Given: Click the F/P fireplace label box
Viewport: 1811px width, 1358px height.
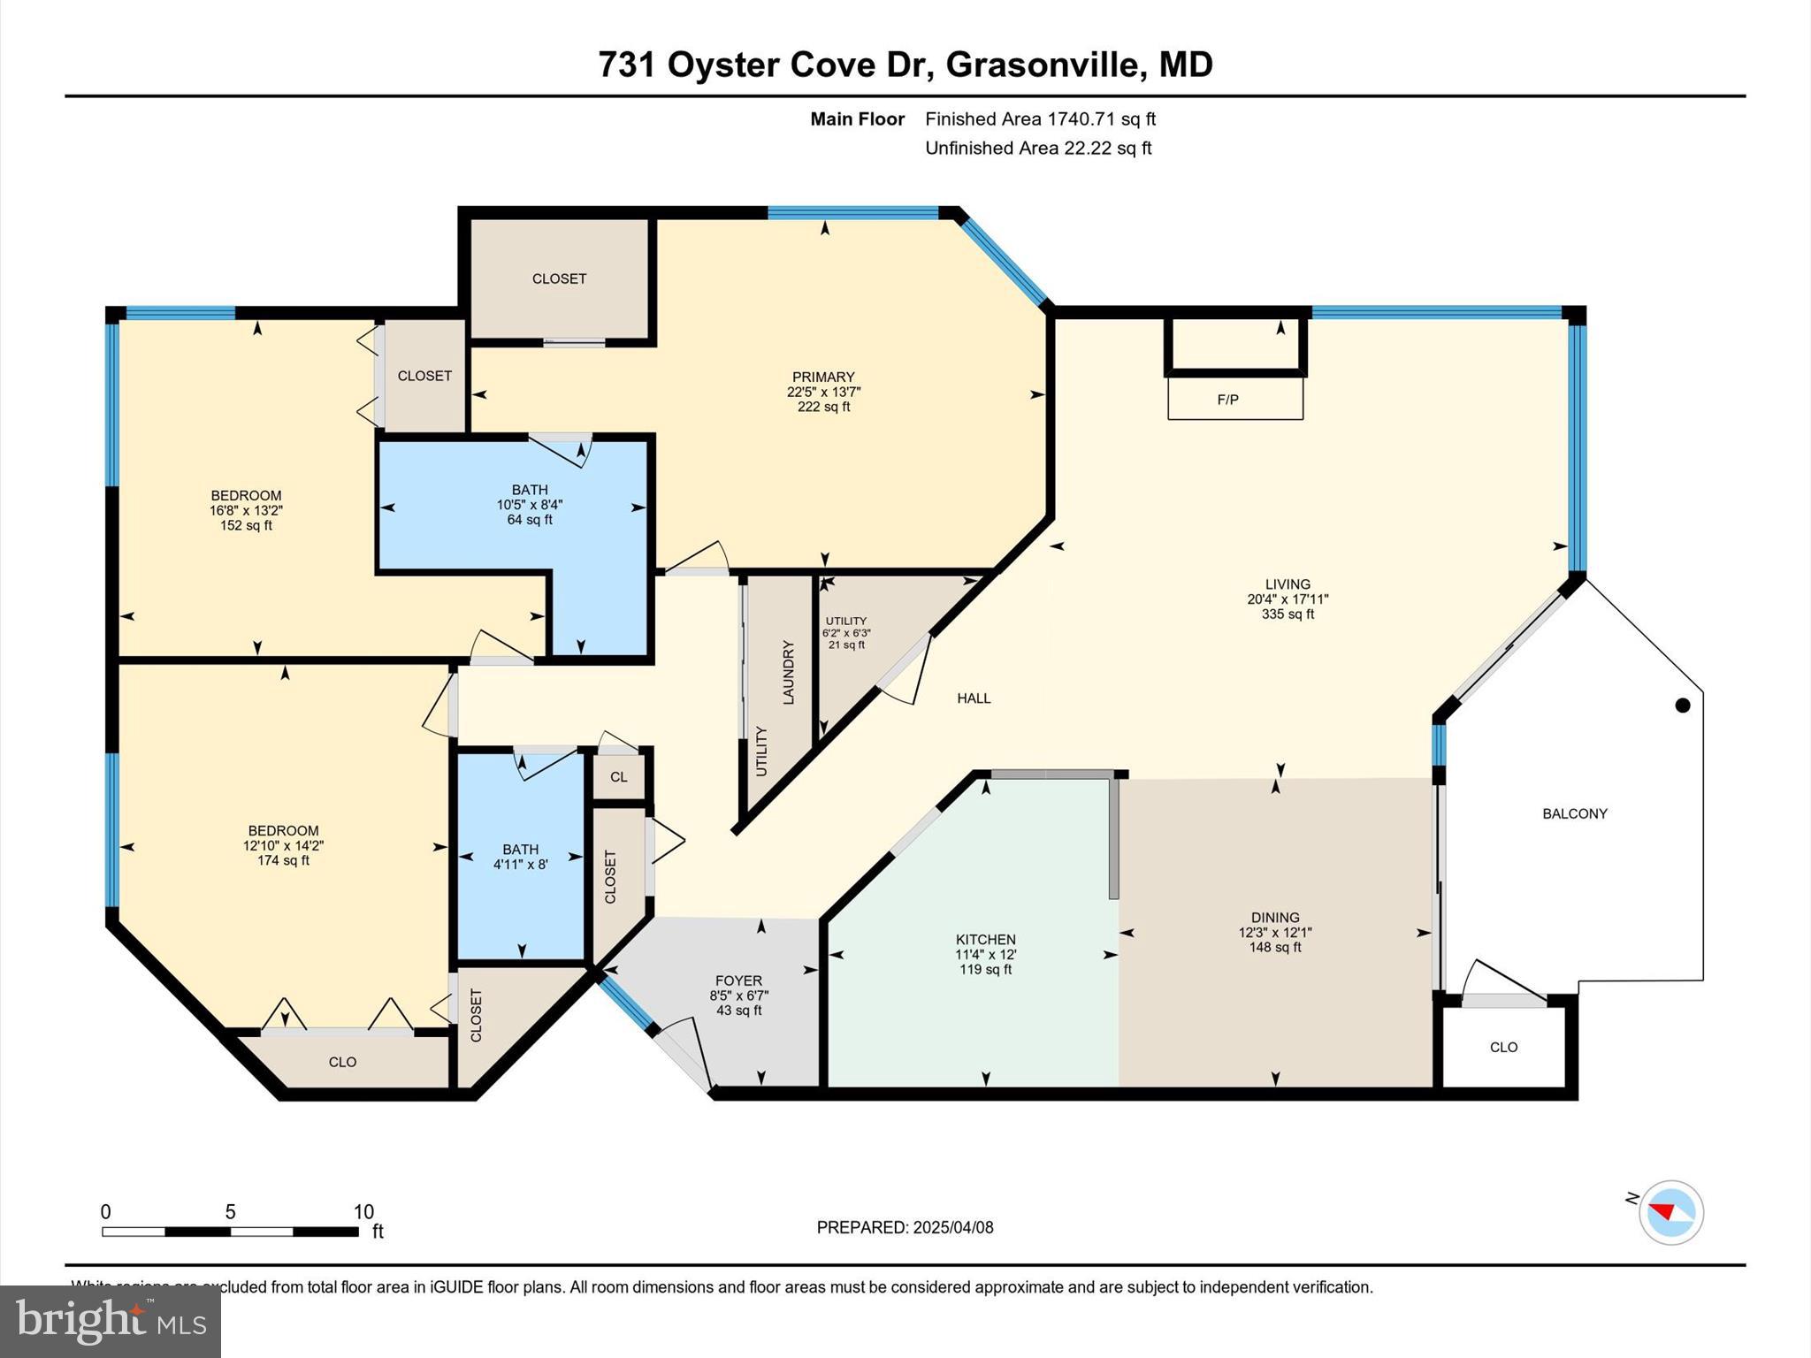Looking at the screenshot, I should (x=1234, y=399).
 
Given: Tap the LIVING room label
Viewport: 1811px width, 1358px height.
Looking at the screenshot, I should (x=1287, y=584).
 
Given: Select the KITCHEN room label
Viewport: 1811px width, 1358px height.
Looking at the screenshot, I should (x=985, y=939).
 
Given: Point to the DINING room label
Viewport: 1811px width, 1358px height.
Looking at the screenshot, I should (x=1274, y=917).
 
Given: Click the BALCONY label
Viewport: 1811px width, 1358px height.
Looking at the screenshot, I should (x=1574, y=813).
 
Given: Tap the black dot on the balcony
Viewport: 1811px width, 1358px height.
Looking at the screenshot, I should (x=1683, y=705).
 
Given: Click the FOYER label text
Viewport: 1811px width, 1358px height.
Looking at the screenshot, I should (x=738, y=980).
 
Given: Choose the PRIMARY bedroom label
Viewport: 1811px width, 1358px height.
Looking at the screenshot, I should (x=822, y=377).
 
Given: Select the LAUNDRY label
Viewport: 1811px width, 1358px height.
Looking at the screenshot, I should (x=789, y=672).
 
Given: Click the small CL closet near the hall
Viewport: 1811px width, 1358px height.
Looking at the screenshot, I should (x=618, y=777).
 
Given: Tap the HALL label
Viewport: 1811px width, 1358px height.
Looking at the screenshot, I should (x=974, y=698).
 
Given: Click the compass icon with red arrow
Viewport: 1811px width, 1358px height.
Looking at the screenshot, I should (x=1670, y=1212).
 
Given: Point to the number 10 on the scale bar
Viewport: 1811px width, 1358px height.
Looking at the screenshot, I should (x=363, y=1212).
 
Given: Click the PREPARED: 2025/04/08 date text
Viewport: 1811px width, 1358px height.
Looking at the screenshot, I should (x=905, y=1227).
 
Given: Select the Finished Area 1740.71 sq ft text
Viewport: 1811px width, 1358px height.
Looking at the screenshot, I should (x=1040, y=118).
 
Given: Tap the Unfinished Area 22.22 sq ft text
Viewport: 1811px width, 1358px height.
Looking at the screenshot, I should (x=1037, y=148).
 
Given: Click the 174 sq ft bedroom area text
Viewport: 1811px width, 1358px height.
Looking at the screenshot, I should (x=283, y=860).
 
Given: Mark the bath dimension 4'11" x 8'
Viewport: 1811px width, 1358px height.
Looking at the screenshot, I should (x=520, y=865).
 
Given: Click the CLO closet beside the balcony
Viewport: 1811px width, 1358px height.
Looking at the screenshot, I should (x=1503, y=1047).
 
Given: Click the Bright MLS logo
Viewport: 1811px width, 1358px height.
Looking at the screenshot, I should (x=111, y=1321).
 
